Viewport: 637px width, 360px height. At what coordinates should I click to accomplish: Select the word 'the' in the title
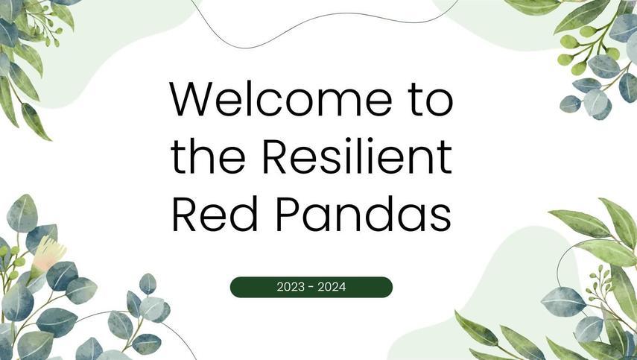(x=208, y=157)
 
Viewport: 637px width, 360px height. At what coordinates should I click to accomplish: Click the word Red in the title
(x=215, y=214)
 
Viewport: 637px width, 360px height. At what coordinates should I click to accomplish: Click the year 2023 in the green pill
(x=291, y=287)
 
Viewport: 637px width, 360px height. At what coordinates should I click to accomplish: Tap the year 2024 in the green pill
(x=332, y=287)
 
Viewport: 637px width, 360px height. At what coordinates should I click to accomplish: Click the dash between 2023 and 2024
(x=311, y=288)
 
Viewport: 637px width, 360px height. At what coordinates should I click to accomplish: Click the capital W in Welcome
(x=190, y=99)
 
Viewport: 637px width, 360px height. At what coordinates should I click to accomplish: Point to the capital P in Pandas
(x=288, y=214)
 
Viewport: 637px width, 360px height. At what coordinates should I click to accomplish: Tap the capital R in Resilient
(x=275, y=157)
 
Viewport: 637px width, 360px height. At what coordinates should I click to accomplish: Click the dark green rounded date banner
(x=311, y=287)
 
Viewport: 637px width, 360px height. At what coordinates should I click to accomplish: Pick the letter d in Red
(x=244, y=214)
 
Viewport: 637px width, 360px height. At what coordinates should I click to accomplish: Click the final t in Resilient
(x=446, y=158)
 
